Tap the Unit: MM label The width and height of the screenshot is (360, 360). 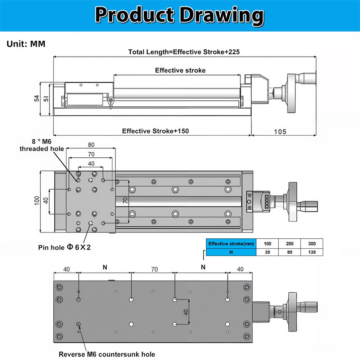(x=26, y=44)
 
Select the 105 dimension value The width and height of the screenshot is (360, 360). (x=280, y=132)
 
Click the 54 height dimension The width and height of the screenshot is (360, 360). (x=37, y=99)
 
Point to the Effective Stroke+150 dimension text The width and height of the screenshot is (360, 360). (x=155, y=131)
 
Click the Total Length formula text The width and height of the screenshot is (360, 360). (x=184, y=52)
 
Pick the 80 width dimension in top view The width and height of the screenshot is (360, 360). (x=91, y=145)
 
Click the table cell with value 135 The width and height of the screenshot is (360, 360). (x=311, y=252)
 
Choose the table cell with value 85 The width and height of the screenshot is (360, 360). (x=289, y=252)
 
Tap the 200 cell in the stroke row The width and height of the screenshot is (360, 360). (x=289, y=244)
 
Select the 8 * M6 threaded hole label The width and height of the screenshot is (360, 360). (x=42, y=145)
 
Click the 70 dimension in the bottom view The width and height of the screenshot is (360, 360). (x=154, y=269)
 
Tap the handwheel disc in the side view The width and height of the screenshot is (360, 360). (x=292, y=93)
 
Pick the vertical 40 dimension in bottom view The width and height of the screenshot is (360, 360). (x=186, y=311)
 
